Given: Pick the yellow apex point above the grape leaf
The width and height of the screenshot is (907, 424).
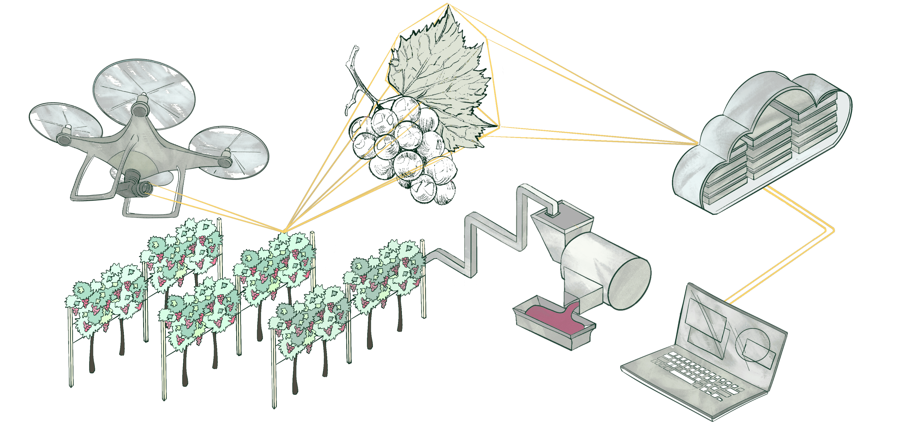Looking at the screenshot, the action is pos(448,4).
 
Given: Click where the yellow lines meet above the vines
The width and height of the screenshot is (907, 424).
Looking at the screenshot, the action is pos(283,232).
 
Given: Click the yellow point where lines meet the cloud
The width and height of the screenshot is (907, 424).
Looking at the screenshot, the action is pos(697,144).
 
